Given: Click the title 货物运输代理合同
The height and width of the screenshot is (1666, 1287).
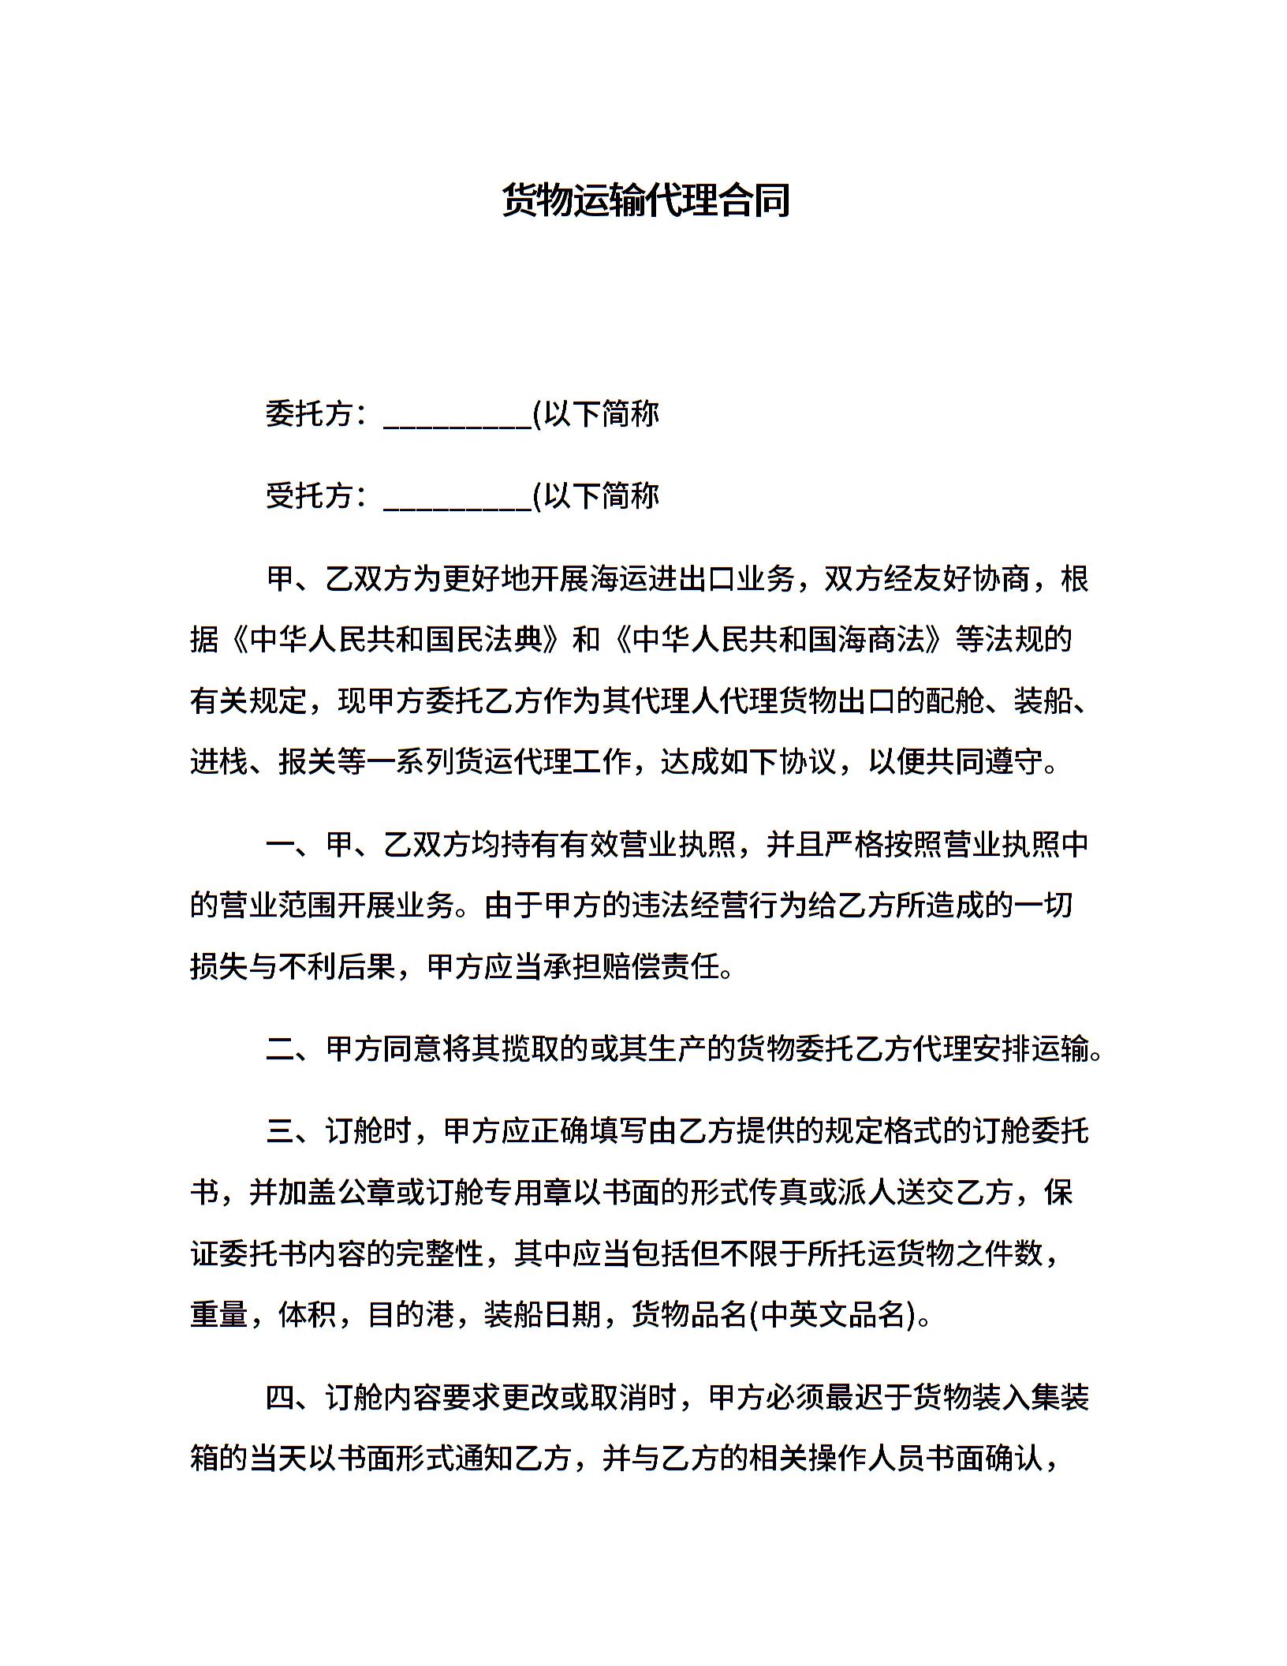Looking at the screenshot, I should coord(646,200).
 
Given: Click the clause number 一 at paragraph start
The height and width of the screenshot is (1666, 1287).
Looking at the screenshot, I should coord(281,845).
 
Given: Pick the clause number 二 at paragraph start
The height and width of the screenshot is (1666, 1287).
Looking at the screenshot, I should coord(281,1050).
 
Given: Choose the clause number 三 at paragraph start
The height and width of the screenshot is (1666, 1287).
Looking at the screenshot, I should coord(281,1132).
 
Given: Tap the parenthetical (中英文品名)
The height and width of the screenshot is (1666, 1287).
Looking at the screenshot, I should coord(831,1315).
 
